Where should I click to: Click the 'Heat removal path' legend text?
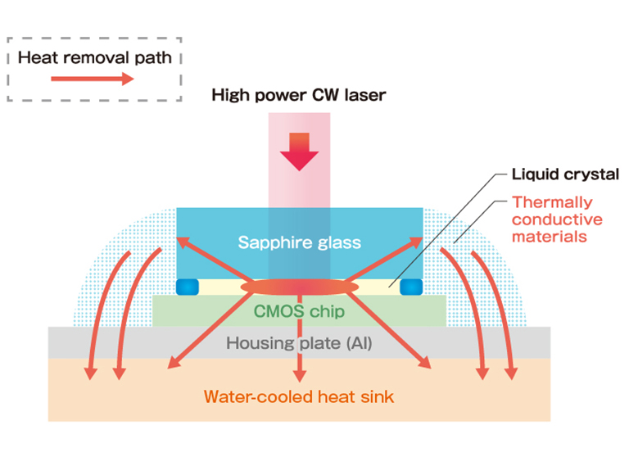click(x=94, y=58)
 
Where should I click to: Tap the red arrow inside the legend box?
click(x=93, y=79)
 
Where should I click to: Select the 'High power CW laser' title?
click(x=299, y=95)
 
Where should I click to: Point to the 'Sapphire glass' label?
click(x=299, y=242)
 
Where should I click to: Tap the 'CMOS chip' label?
click(x=299, y=311)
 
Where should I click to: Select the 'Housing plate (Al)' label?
click(x=299, y=343)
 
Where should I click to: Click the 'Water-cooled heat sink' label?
click(x=299, y=397)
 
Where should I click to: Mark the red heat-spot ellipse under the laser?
click(x=299, y=287)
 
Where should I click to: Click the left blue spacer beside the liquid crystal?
click(x=188, y=287)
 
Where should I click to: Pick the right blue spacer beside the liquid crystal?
click(x=410, y=287)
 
